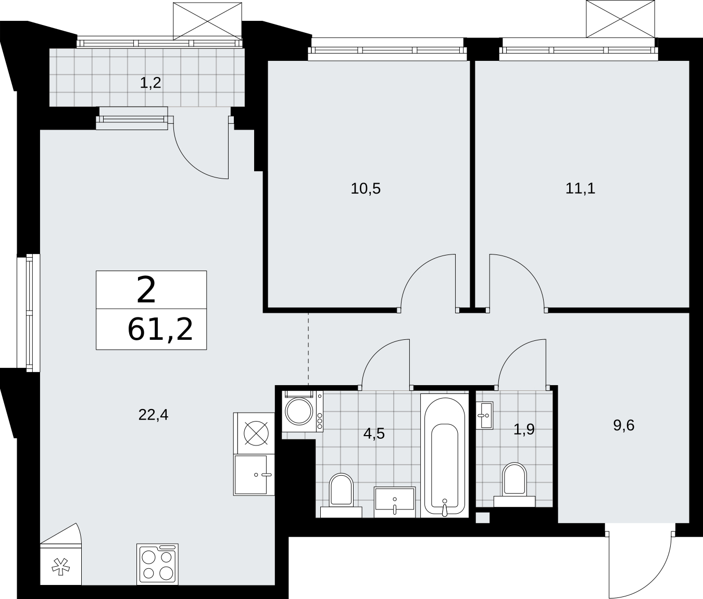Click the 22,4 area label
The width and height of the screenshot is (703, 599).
pos(153,415)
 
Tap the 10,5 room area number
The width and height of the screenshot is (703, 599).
pos(366,188)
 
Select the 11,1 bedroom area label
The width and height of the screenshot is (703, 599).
pos(580,188)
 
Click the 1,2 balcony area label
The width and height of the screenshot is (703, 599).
pos(150,83)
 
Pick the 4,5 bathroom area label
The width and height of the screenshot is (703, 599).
pos(374,434)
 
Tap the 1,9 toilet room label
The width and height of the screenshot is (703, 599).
pos(524,430)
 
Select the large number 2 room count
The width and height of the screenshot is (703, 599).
pos(146,290)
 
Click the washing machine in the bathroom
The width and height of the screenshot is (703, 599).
pos(303,411)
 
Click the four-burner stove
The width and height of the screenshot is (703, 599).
pos(157,564)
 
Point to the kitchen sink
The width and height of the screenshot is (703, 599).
pos(254,475)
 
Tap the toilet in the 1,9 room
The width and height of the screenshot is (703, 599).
pos(514,485)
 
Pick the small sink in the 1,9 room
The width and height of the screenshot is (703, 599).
pos(484,415)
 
